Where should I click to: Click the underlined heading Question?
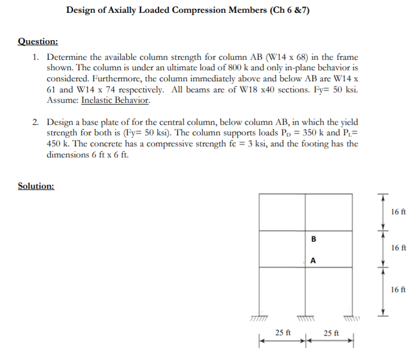[x=38, y=42]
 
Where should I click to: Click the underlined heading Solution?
[x=37, y=186]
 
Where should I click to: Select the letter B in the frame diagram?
[x=313, y=239]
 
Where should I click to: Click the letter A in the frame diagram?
[x=313, y=261]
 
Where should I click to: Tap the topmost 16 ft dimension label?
[x=398, y=212]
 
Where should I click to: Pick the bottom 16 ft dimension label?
[x=398, y=289]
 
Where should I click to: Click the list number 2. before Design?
[x=36, y=122]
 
